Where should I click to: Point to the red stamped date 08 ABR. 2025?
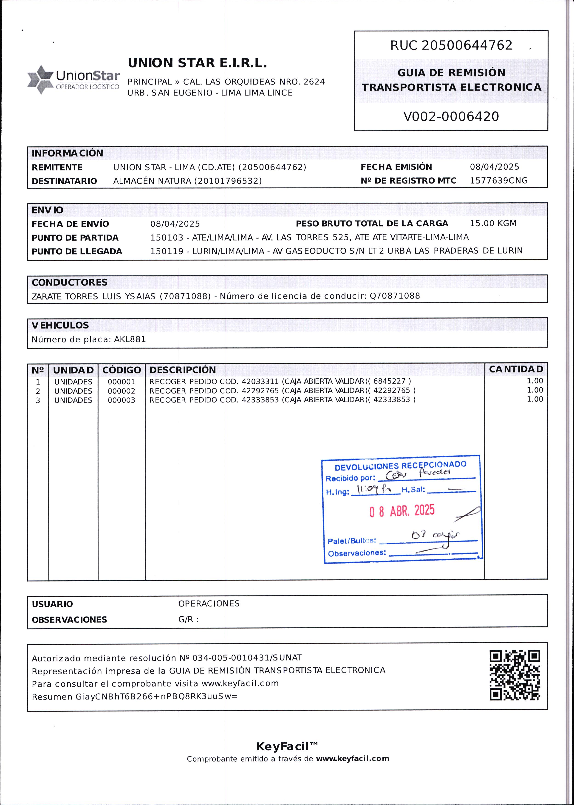click(x=402, y=511)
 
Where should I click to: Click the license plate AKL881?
click(x=130, y=339)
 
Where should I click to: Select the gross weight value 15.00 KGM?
click(x=493, y=224)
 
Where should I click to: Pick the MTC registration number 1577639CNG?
click(x=498, y=181)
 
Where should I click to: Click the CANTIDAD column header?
click(x=516, y=369)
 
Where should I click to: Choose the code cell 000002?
click(x=121, y=391)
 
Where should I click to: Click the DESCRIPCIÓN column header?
click(x=182, y=370)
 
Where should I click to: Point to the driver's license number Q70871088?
click(x=395, y=296)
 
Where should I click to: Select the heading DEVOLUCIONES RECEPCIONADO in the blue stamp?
click(x=400, y=466)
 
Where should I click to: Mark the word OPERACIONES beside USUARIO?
click(x=209, y=604)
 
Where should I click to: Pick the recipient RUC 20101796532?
click(x=228, y=181)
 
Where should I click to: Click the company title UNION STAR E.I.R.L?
click(x=197, y=63)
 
